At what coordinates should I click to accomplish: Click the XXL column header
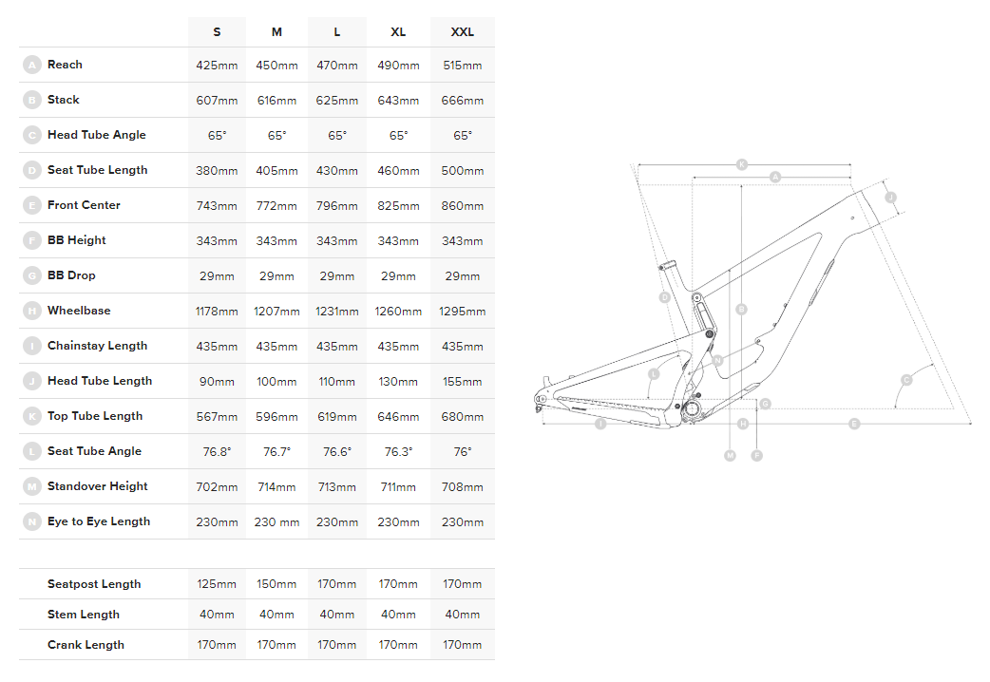coord(463,32)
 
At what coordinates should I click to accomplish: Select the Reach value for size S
coord(217,66)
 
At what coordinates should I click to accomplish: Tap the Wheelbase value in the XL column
coord(398,312)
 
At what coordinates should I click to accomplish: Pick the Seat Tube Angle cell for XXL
coord(463,452)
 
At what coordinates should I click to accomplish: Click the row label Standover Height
coord(97,486)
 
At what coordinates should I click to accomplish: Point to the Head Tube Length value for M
coord(276,382)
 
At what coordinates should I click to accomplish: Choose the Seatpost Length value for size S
coord(217,585)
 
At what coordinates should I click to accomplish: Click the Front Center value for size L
coord(337,206)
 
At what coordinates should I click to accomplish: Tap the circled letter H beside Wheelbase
coord(31,311)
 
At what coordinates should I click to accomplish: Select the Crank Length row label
coord(86,645)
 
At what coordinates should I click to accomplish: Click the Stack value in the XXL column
coord(463,101)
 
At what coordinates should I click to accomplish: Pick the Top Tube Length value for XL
coord(398,417)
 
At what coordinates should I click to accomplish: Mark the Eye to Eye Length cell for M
coord(276,522)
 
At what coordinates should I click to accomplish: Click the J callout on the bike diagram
coord(890,198)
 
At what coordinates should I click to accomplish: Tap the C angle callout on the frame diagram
coord(905,380)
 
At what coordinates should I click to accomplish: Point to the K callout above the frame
coord(742,164)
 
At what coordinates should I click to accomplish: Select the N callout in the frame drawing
coord(719,360)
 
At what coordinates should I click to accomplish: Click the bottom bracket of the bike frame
coord(693,410)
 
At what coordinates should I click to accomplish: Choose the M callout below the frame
coord(730,456)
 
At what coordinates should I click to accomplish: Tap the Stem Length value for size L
coord(337,616)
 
